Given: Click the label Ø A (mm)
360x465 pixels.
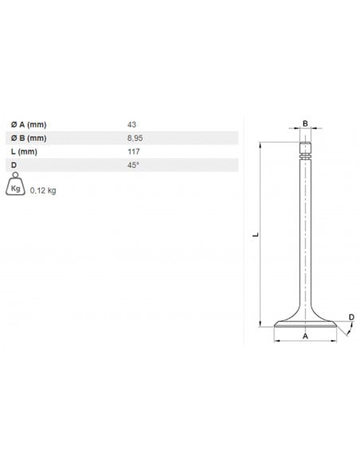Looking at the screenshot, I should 29,125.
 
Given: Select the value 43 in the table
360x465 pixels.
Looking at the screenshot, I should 131,125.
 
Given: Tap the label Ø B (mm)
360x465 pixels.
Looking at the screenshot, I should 29,138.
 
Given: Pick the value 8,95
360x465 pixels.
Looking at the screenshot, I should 135,138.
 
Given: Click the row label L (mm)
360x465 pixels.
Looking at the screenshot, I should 23,151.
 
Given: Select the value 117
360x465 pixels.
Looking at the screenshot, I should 132,151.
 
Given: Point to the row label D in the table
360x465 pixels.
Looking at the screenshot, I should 14,165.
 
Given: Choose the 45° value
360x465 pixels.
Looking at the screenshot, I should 132,165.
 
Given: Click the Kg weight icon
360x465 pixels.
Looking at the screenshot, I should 14,188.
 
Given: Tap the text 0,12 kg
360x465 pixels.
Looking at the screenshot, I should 43,191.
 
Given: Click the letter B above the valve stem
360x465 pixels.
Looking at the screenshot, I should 304,123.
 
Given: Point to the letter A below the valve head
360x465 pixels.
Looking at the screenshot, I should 304,338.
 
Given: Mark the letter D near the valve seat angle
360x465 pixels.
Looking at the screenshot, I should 351,318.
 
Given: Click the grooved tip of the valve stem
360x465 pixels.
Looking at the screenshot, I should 304,150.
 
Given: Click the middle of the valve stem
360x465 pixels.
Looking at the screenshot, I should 304,239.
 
